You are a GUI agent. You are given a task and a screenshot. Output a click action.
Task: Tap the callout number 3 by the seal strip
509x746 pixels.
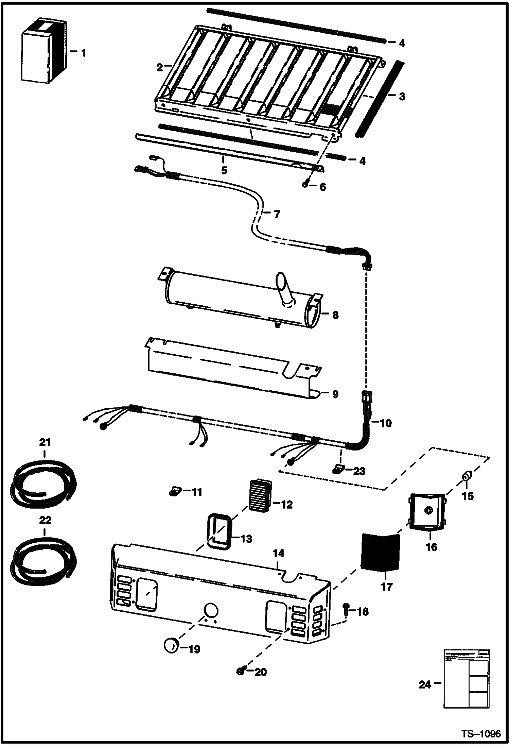point(402,97)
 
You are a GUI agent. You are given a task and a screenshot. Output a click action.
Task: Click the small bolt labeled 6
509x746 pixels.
point(305,184)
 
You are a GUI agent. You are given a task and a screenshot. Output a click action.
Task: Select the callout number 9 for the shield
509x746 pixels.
point(335,394)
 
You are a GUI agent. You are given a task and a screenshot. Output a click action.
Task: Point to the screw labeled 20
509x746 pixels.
point(240,671)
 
